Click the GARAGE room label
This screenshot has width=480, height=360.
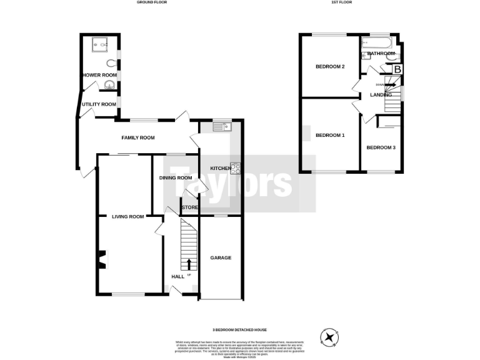[221, 257]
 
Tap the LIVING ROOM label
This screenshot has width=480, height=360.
[128, 217]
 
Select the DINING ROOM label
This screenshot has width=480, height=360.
[176, 177]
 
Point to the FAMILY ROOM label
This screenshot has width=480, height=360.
[138, 137]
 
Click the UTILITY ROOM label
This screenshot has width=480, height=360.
[99, 104]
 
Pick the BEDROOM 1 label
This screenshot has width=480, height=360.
[330, 135]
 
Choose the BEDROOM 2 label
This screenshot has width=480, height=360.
[330, 66]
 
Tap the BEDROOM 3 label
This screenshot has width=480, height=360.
[381, 147]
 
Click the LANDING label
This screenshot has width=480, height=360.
[381, 94]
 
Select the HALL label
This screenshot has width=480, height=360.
[177, 276]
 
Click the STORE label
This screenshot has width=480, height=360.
[189, 207]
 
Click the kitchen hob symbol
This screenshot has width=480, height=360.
[236, 168]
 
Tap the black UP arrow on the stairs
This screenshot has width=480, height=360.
[188, 263]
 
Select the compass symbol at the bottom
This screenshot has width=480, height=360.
[328, 337]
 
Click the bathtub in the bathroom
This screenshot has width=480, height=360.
[376, 44]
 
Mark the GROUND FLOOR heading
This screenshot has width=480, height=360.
[152, 2]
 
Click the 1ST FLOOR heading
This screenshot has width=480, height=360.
[343, 2]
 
